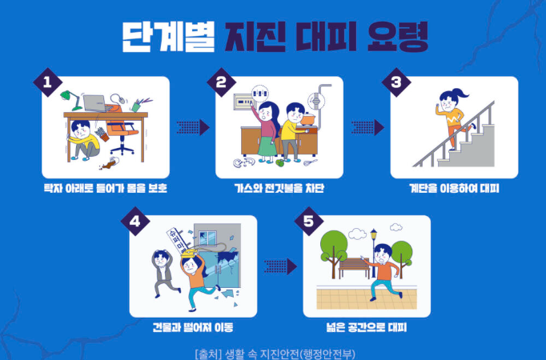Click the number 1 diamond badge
[48, 82]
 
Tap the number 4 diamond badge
[135, 222]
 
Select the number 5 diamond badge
[309, 222]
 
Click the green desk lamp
[70, 99]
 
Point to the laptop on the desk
[95, 103]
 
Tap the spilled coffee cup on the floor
[110, 162]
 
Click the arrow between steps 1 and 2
[193, 127]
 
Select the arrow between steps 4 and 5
[280, 266]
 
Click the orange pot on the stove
[307, 119]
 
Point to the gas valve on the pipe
[316, 102]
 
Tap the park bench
[355, 268]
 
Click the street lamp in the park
[374, 251]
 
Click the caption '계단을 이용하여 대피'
[454, 188]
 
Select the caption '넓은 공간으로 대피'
[367, 327]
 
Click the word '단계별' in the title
[169, 37]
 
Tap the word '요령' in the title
[398, 37]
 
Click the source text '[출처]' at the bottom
[209, 354]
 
